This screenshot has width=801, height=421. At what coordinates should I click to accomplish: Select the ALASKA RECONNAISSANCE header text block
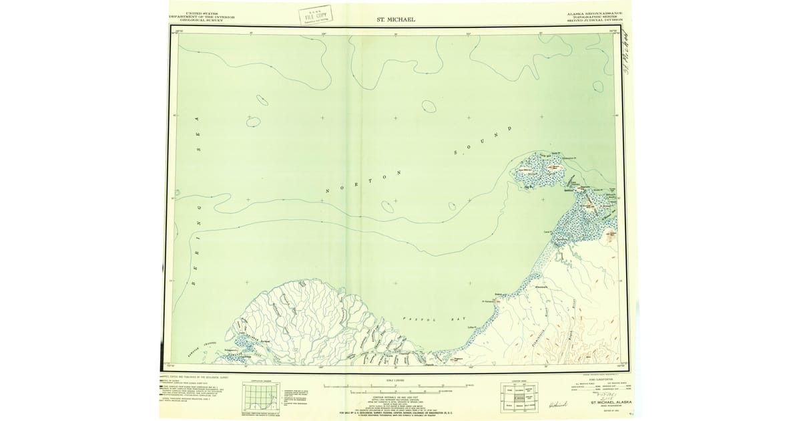pyautogui.click(x=594, y=17)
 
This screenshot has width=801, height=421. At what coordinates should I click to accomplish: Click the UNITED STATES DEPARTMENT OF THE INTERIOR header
pyautogui.click(x=196, y=17)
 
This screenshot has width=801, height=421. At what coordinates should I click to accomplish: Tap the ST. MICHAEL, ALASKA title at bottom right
pyautogui.click(x=606, y=402)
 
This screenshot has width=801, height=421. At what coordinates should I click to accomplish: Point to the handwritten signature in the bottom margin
pyautogui.click(x=557, y=406)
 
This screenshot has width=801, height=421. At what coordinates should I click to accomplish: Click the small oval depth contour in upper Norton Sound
pyautogui.click(x=429, y=106)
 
